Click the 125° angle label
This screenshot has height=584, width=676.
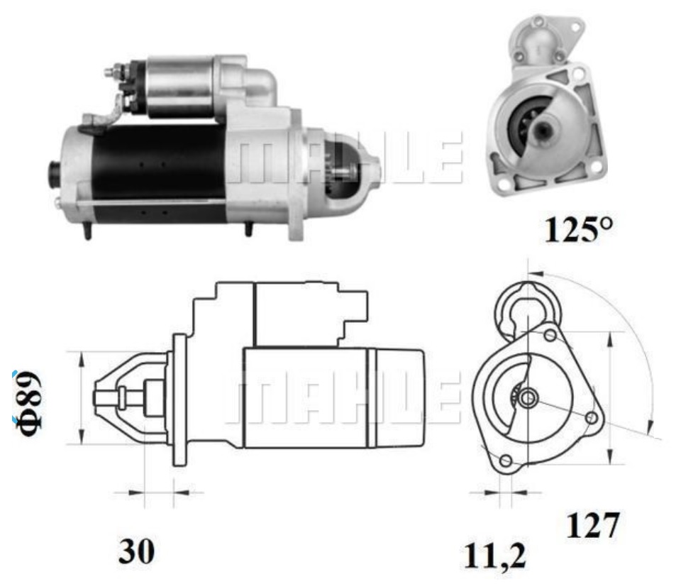(578, 229)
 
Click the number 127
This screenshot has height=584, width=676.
(592, 526)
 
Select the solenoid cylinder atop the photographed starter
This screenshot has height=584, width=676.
(182, 85)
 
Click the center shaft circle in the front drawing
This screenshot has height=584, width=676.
(526, 399)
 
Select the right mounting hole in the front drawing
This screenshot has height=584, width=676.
(590, 419)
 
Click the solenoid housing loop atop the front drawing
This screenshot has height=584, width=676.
(526, 304)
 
